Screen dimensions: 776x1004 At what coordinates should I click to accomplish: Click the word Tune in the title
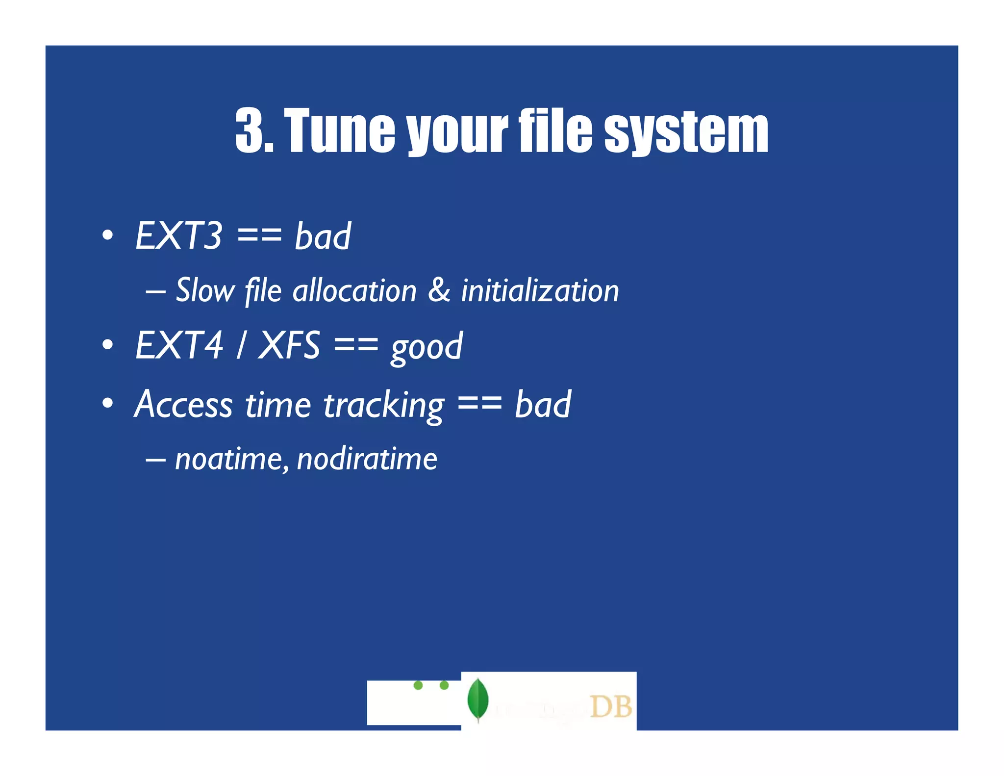click(339, 130)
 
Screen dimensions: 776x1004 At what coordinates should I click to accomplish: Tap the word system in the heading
click(686, 130)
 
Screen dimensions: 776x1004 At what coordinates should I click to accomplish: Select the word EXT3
click(179, 236)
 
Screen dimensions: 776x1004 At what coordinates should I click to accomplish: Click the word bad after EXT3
click(323, 236)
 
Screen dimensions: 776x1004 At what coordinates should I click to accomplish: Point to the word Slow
click(205, 290)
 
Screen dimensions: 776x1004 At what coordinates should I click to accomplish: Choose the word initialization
click(540, 290)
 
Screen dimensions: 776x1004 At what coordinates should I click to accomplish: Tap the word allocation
click(354, 290)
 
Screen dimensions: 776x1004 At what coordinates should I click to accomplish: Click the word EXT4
click(179, 345)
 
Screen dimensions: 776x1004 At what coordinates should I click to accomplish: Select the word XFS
click(289, 345)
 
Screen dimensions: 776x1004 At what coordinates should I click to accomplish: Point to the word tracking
click(384, 406)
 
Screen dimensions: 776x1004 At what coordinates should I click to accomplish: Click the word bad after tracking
click(543, 405)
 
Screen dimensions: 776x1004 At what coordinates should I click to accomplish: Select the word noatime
click(228, 460)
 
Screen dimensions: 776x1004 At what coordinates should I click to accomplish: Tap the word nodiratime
click(367, 460)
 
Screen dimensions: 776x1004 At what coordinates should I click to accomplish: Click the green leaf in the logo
click(477, 699)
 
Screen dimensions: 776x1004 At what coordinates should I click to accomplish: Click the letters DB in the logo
click(610, 707)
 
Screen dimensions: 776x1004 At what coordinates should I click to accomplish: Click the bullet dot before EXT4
click(108, 345)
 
